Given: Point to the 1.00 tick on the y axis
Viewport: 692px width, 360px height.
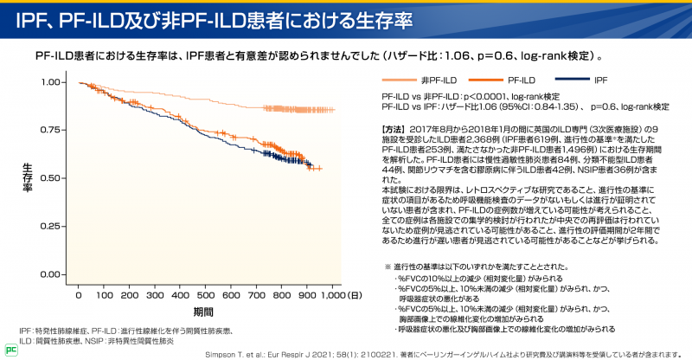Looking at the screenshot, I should [52, 82].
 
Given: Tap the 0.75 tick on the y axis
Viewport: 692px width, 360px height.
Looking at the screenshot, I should [52, 130].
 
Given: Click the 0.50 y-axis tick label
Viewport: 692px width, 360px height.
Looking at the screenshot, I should [52, 178].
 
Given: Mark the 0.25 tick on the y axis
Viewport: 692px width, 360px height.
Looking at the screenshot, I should [52, 226].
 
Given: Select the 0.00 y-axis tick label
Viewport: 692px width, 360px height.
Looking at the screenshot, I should [52, 274].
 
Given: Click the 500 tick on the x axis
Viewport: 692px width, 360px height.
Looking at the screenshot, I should [207, 296].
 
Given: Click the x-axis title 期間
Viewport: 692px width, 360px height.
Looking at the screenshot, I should [203, 312].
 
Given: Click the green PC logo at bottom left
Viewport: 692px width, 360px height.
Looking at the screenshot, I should [10, 350].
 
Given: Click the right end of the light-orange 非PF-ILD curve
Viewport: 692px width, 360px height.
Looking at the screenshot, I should [333, 110].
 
